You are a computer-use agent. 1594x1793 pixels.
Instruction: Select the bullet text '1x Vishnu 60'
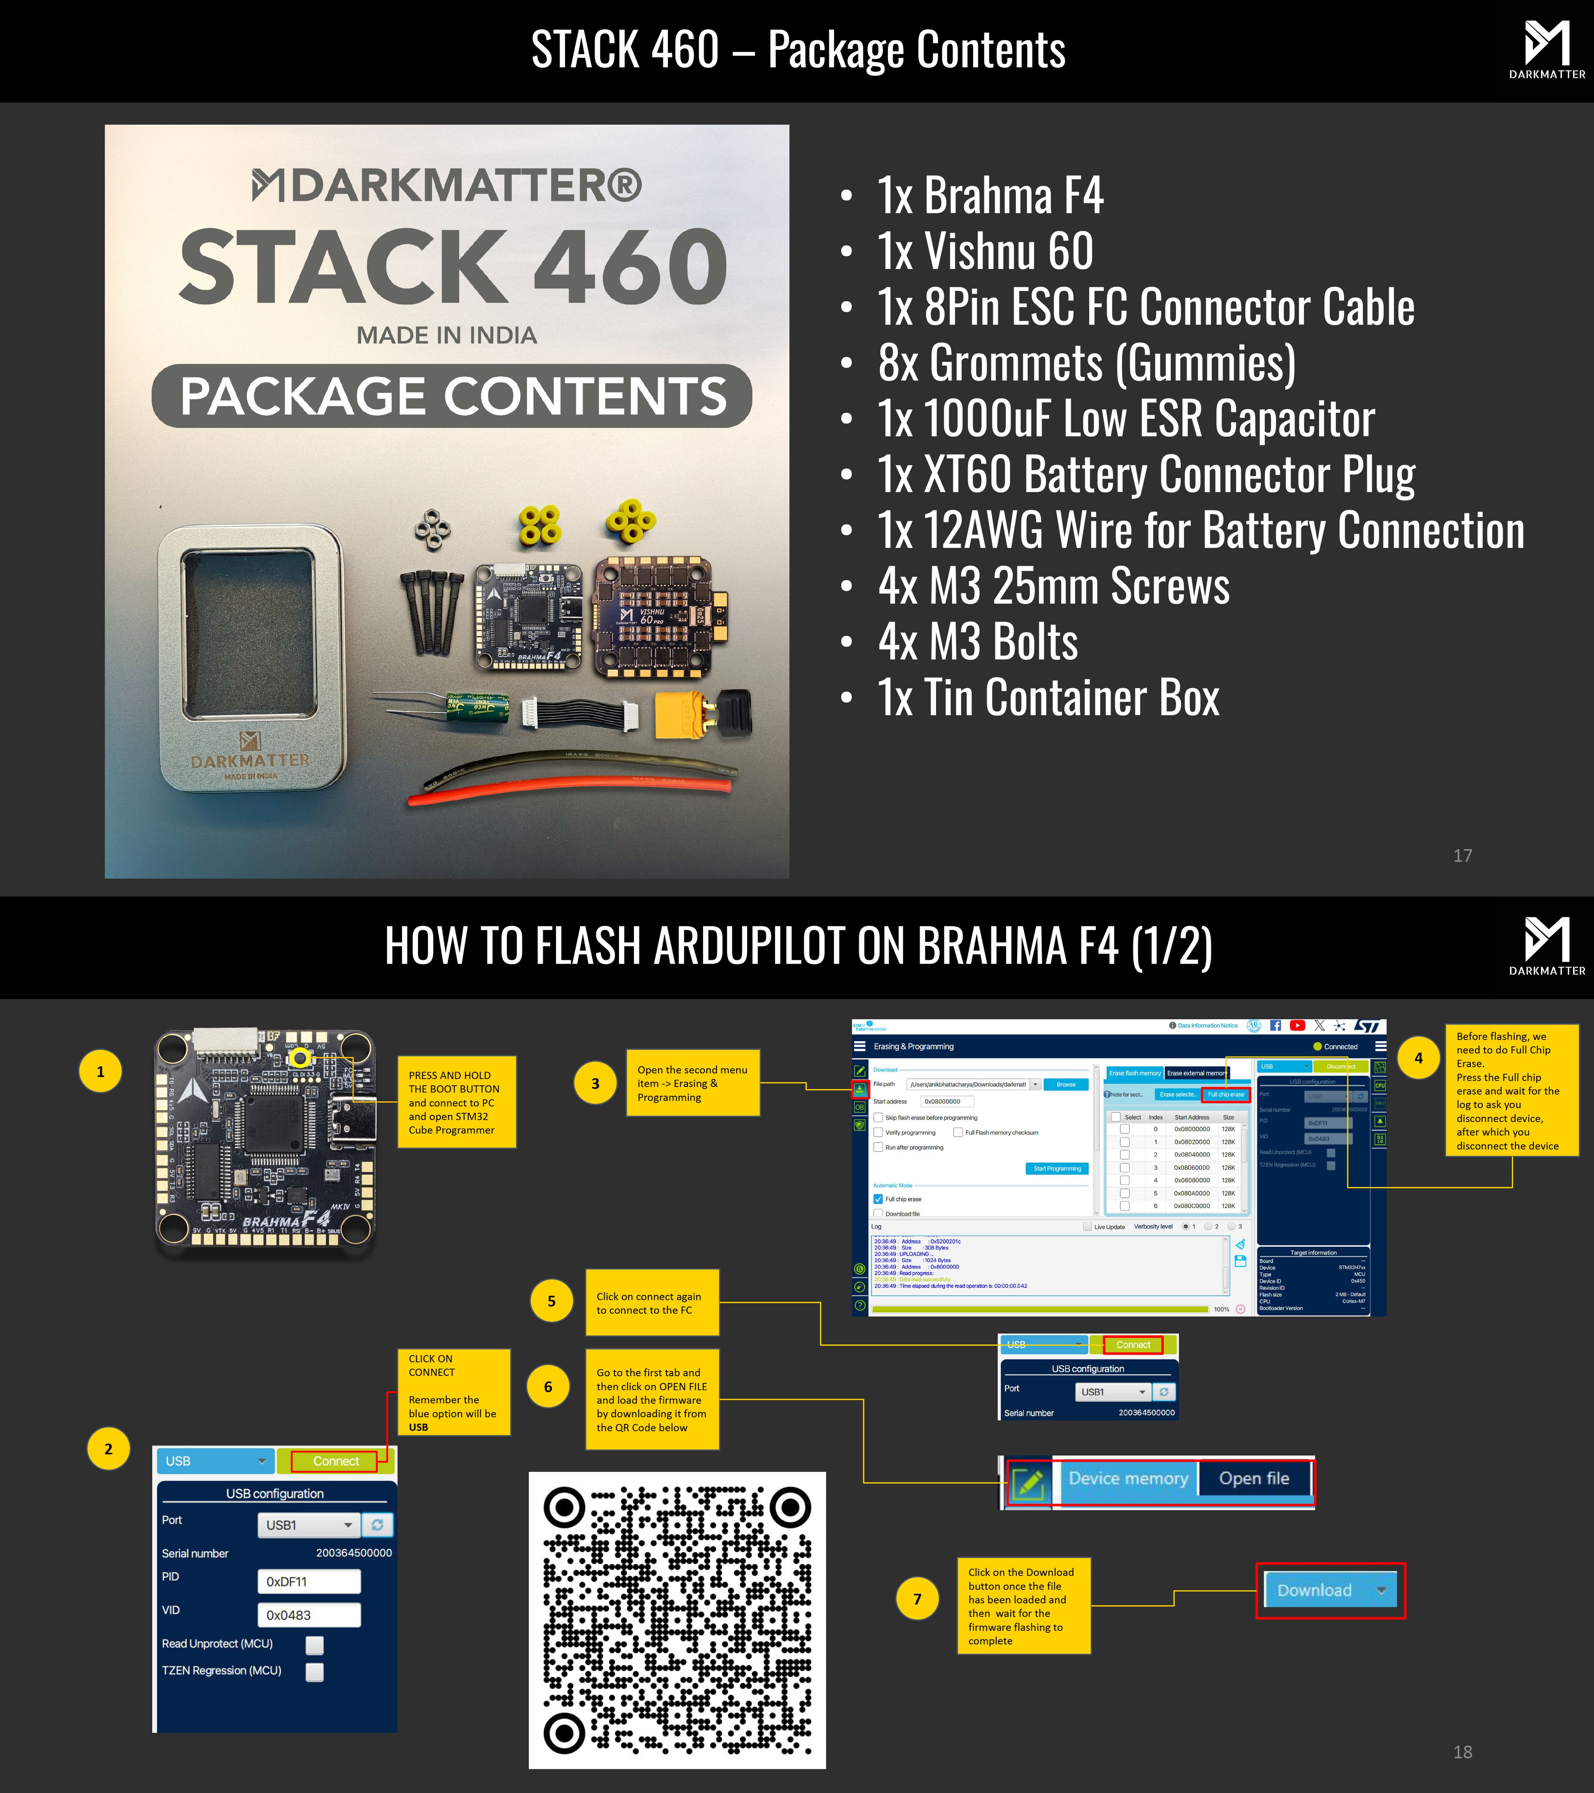click(x=985, y=252)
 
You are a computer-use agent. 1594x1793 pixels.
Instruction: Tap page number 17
click(x=1462, y=855)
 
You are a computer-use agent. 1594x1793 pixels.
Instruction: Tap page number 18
click(x=1462, y=1752)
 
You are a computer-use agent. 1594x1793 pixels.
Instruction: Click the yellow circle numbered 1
click(x=101, y=1071)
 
